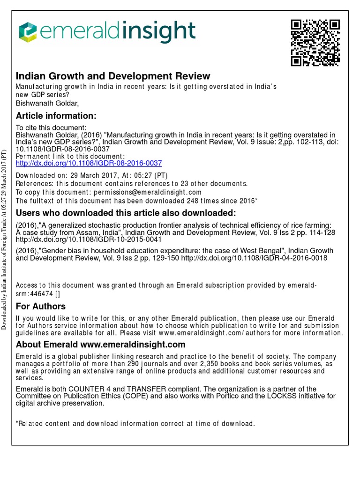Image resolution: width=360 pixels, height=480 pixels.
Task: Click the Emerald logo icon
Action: click(28, 32)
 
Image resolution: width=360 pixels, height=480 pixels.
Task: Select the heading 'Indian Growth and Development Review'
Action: click(113, 76)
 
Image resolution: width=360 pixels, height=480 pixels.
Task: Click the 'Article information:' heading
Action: click(56, 116)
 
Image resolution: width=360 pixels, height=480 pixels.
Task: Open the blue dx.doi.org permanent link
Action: click(89, 163)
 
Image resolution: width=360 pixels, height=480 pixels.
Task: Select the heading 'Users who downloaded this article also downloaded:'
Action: click(126, 213)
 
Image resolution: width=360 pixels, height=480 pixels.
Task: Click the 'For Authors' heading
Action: click(41, 307)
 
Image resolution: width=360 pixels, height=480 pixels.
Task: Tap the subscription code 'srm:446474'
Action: click(33, 294)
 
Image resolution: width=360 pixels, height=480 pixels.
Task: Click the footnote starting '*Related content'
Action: click(135, 424)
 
